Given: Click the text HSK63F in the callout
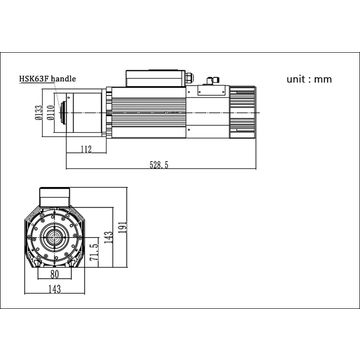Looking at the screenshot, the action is pyautogui.click(x=34, y=79).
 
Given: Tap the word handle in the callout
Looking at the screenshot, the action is pyautogui.click(x=63, y=79).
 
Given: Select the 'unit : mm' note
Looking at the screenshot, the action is pyautogui.click(x=309, y=79).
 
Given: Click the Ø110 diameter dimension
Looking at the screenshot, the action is pyautogui.click(x=50, y=112).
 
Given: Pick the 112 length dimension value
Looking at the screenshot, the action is pyautogui.click(x=86, y=149).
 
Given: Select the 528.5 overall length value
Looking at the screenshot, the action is pyautogui.click(x=159, y=164).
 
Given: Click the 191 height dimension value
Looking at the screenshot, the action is pyautogui.click(x=123, y=227).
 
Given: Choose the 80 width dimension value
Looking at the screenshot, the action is pyautogui.click(x=54, y=274).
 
